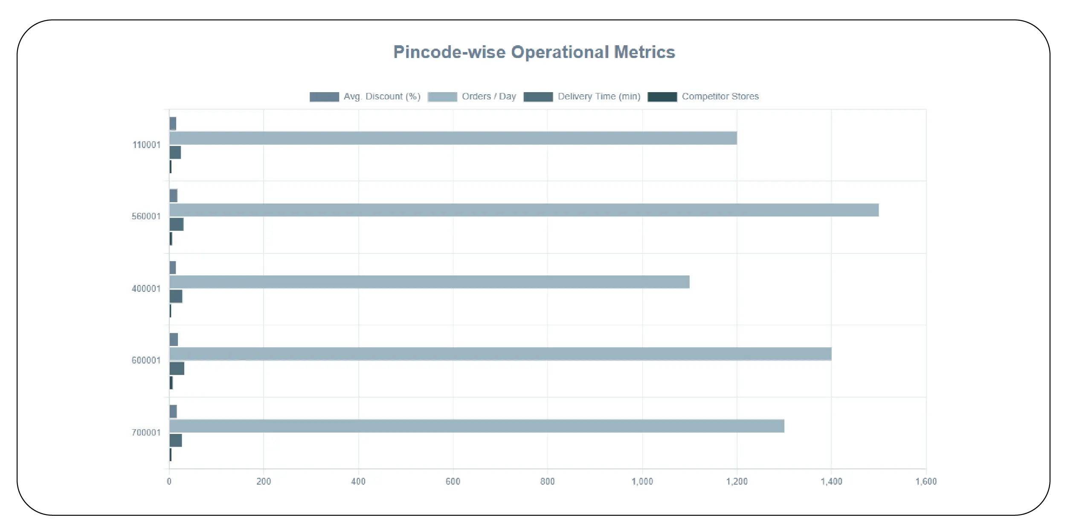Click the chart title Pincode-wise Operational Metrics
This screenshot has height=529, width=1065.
pyautogui.click(x=534, y=52)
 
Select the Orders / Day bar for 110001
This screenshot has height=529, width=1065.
pyautogui.click(x=453, y=138)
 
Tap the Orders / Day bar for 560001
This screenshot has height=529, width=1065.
pyautogui.click(x=524, y=210)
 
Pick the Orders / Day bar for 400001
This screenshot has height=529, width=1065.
pyautogui.click(x=429, y=282)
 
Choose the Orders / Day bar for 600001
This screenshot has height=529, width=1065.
pyautogui.click(x=500, y=354)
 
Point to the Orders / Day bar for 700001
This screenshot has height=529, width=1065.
pyautogui.click(x=476, y=426)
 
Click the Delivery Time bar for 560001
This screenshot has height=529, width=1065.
pyautogui.click(x=177, y=224)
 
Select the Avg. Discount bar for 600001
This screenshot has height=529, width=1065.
pyautogui.click(x=174, y=340)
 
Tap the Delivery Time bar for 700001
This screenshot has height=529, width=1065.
pyautogui.click(x=176, y=440)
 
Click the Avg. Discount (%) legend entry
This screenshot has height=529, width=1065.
pyautogui.click(x=365, y=97)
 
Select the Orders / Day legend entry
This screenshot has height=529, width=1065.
pyautogui.click(x=472, y=97)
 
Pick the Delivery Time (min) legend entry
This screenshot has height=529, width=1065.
pyautogui.click(x=582, y=97)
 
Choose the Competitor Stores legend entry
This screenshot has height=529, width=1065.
pyautogui.click(x=703, y=97)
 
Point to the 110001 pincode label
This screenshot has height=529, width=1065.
pyautogui.click(x=146, y=145)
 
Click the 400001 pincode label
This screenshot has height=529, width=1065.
pyautogui.click(x=146, y=289)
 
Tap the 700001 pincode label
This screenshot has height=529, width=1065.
pyautogui.click(x=146, y=433)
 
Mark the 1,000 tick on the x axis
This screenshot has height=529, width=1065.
pyautogui.click(x=642, y=482)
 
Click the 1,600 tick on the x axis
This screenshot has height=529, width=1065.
pyautogui.click(x=926, y=482)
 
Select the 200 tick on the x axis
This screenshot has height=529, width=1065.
pyautogui.click(x=264, y=482)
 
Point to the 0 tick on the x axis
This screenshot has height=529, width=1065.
pyautogui.click(x=169, y=482)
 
